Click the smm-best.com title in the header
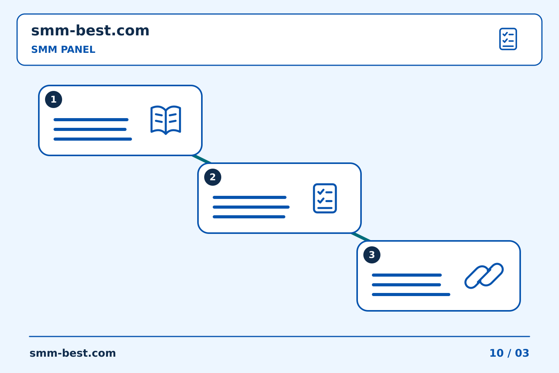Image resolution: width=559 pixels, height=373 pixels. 90,31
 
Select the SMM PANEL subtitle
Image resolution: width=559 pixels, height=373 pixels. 63,49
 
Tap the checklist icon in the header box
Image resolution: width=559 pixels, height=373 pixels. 508,39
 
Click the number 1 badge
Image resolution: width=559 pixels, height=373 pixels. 54,99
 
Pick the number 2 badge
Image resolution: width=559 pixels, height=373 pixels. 213,177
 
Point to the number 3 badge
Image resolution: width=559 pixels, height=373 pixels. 372,255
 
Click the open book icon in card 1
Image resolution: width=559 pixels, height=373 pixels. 166,120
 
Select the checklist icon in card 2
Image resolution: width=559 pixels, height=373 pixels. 325,199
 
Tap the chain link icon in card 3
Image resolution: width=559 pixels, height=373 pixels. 484,276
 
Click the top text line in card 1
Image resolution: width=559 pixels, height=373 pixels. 91,120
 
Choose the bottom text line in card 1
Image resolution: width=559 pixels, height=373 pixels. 92,139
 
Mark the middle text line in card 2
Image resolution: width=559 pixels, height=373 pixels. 251,207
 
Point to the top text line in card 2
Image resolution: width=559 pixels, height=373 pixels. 249,197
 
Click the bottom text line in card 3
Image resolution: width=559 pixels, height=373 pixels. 411,295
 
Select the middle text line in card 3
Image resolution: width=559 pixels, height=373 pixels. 406,285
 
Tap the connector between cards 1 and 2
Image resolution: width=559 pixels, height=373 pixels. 201,159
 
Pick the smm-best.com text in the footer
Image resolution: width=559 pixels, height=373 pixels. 73,353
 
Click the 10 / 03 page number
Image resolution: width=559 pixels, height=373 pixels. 509,353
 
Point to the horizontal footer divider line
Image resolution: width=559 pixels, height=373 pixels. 279,336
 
